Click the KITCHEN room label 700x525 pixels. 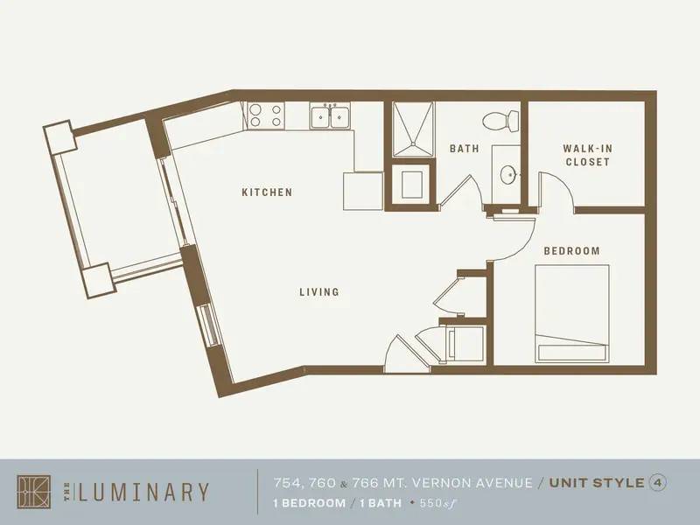[267, 192]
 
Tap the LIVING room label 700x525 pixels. [318, 292]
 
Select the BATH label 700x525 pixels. [464, 149]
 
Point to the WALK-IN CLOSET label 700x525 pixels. [586, 155]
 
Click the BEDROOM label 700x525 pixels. [571, 251]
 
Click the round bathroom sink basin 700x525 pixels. [507, 174]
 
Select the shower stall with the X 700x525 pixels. [412, 129]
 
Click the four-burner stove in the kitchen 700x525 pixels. [265, 115]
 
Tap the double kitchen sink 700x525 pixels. [330, 115]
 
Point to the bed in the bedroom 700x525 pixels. [571, 313]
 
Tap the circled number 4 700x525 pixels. [655, 482]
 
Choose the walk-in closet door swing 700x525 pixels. [555, 192]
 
